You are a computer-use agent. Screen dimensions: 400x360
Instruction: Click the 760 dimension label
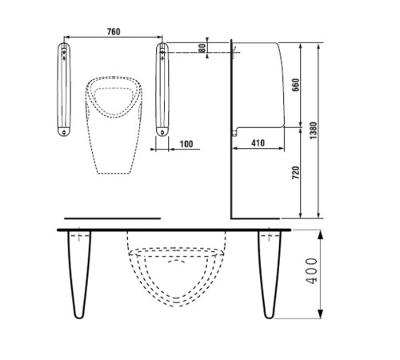pyautogui.click(x=114, y=31)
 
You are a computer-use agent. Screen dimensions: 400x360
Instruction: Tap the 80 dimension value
pyautogui.click(x=202, y=48)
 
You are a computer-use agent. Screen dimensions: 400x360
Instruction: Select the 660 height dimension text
pyautogui.click(x=295, y=85)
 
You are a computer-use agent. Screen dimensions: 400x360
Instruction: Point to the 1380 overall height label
pyautogui.click(x=314, y=130)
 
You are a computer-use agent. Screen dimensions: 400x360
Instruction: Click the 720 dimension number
pyautogui.click(x=296, y=173)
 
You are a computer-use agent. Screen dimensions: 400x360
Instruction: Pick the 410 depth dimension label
pyautogui.click(x=258, y=143)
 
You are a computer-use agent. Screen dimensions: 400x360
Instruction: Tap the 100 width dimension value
pyautogui.click(x=186, y=144)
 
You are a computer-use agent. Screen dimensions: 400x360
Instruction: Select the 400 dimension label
pyautogui.click(x=311, y=270)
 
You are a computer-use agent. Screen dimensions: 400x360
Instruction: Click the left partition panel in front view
pyautogui.click(x=64, y=90)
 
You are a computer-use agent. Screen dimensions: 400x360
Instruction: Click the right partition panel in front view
pyautogui.click(x=162, y=90)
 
